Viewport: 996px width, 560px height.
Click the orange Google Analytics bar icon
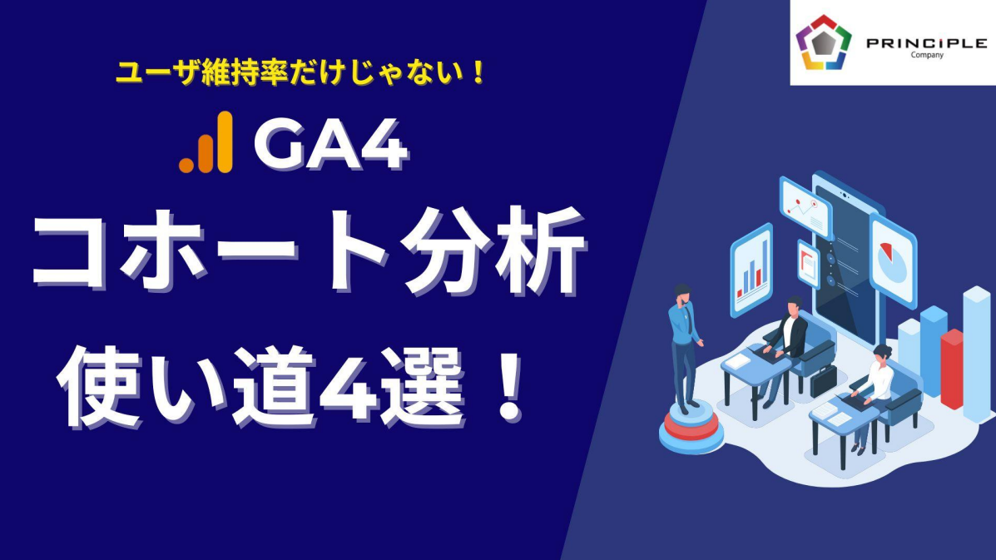coord(206,142)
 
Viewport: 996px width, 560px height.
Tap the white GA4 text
coord(330,145)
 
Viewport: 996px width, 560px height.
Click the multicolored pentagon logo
coord(823,42)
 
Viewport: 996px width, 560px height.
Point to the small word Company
coord(928,55)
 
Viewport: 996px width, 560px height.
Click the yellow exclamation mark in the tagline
coord(478,72)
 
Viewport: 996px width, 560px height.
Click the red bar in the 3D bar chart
coord(951,369)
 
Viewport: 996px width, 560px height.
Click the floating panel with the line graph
coord(805,208)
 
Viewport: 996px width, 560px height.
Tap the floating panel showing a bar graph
coord(751,270)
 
